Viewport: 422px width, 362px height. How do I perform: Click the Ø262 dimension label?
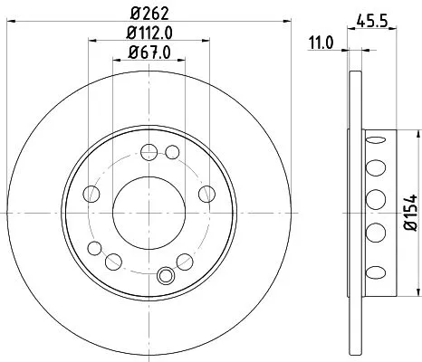(149, 14)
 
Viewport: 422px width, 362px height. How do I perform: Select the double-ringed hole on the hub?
(166, 277)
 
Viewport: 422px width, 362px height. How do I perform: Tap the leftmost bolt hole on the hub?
(91, 192)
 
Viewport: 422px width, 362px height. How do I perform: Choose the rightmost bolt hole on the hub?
(206, 192)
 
